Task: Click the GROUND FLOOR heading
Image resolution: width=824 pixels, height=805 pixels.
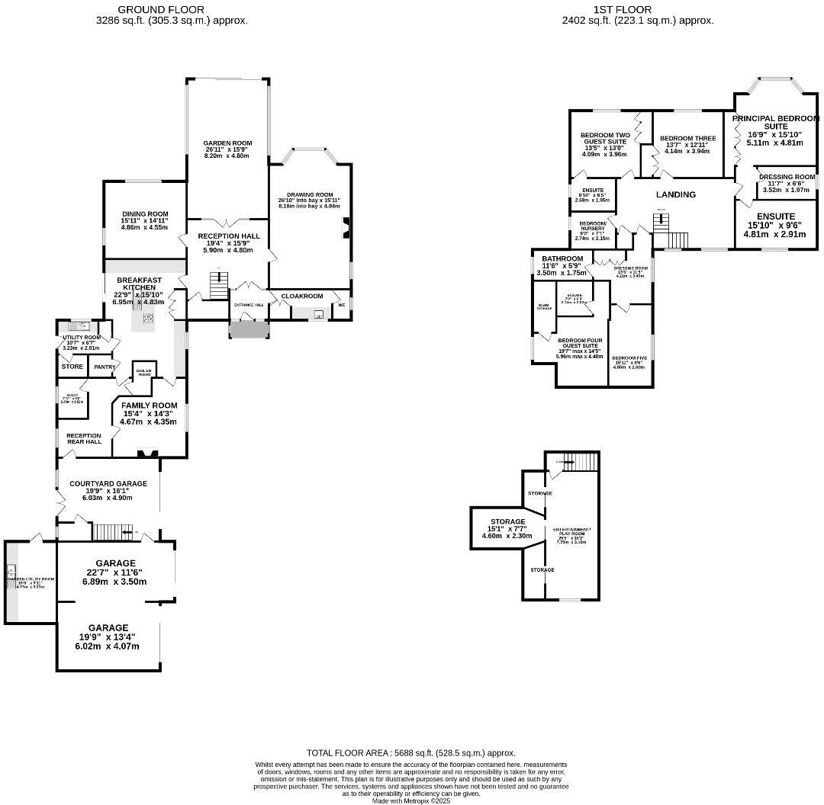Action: pyautogui.click(x=161, y=10)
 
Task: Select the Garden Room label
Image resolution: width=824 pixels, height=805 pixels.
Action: pyautogui.click(x=227, y=143)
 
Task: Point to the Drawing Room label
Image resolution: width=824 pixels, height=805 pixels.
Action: pyautogui.click(x=309, y=194)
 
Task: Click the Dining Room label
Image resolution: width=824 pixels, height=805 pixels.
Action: pyautogui.click(x=144, y=214)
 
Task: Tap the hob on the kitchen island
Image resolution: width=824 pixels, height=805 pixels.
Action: pyautogui.click(x=148, y=319)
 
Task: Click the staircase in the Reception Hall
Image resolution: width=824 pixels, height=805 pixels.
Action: pyautogui.click(x=219, y=286)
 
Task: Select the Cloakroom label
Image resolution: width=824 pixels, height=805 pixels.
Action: pyautogui.click(x=302, y=296)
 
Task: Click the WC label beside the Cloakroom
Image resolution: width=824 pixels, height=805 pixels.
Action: pyautogui.click(x=341, y=305)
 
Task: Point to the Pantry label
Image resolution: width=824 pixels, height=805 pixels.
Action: pyautogui.click(x=105, y=367)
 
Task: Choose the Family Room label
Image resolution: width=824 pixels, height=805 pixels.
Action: pyautogui.click(x=149, y=406)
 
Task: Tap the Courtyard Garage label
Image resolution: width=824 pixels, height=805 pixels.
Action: pyautogui.click(x=108, y=483)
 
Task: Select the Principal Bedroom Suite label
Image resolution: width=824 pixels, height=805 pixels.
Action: pyautogui.click(x=776, y=122)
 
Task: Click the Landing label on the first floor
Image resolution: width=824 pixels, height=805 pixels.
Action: pyautogui.click(x=676, y=194)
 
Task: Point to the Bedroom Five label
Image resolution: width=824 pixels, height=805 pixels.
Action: pyautogui.click(x=629, y=358)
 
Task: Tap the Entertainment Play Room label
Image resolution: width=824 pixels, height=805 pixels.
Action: pyautogui.click(x=572, y=532)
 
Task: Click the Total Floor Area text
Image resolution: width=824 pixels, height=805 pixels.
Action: pyautogui.click(x=410, y=752)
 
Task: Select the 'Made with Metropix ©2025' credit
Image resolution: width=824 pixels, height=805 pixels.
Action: pyautogui.click(x=411, y=800)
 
